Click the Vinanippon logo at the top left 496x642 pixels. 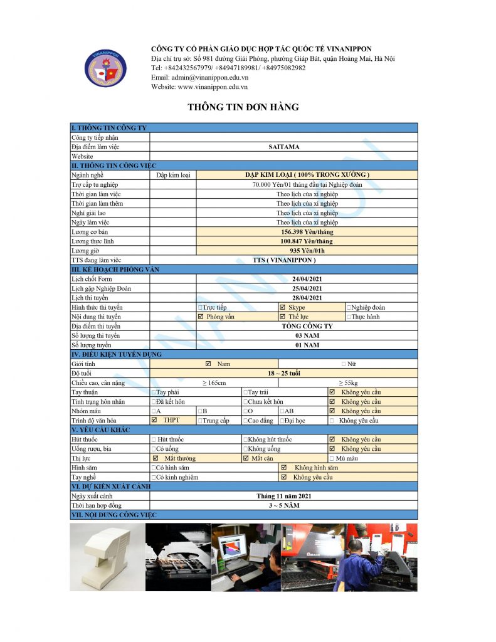105,68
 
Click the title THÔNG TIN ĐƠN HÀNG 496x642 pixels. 243,107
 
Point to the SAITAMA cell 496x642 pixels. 283,147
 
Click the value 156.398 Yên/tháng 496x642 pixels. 307,232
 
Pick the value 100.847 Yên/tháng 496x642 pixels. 307,241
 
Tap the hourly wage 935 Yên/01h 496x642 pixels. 307,251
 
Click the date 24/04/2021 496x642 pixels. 307,279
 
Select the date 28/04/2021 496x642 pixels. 307,298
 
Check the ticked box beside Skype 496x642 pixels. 283,308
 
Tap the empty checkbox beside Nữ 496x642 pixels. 344,364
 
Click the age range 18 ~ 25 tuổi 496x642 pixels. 283,374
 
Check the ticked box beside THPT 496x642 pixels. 154,420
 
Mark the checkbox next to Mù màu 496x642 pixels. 332,458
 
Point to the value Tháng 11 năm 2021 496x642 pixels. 283,496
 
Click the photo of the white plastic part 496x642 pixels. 107,557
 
